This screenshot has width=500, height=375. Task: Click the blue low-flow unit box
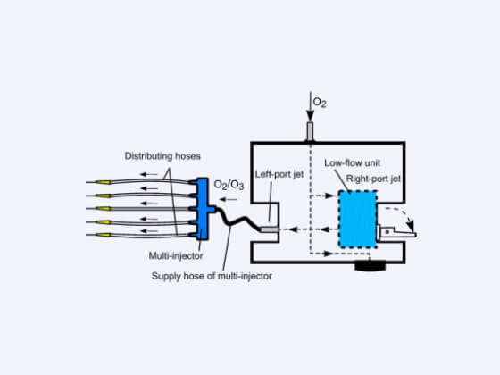pos(357,220)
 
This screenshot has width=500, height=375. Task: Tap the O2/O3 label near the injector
pos(229,185)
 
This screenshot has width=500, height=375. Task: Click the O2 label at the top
pos(321,104)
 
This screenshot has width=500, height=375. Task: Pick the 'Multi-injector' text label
pos(175,256)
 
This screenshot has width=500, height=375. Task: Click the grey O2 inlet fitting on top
pos(310,132)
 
